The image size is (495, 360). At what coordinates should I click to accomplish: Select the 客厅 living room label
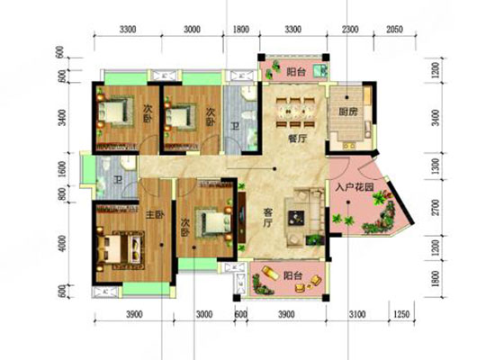(269, 213)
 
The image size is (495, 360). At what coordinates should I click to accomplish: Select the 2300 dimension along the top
(349, 31)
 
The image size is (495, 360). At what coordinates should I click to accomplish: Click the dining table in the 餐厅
(289, 108)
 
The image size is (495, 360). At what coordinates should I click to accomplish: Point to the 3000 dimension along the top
(192, 31)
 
